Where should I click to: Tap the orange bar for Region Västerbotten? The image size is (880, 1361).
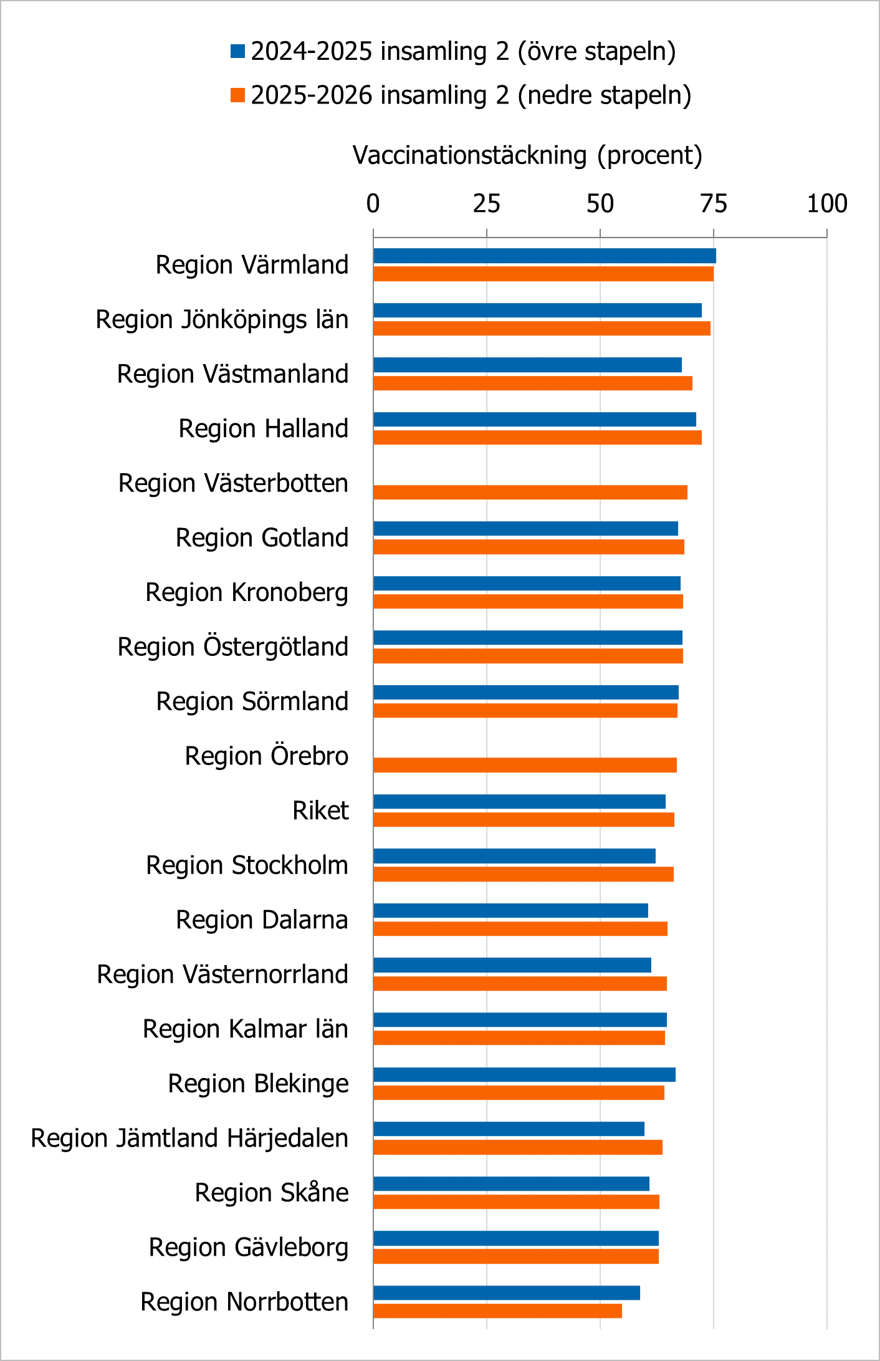click(x=530, y=492)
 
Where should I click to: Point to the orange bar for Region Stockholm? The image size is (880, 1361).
click(x=524, y=874)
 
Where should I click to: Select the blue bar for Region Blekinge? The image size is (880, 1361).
click(x=524, y=1074)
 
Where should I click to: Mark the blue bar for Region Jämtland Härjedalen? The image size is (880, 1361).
click(x=509, y=1128)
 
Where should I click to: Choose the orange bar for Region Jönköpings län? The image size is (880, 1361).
click(x=542, y=328)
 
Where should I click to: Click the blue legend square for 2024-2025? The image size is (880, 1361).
click(x=237, y=51)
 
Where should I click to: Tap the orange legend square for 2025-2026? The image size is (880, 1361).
click(x=237, y=95)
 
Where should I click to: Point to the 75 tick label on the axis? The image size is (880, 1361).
click(x=714, y=204)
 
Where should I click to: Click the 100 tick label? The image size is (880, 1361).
click(x=826, y=204)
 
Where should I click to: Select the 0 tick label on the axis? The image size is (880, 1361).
click(x=373, y=204)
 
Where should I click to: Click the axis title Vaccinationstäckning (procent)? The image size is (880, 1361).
click(x=527, y=155)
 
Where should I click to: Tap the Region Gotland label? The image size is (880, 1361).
click(x=262, y=537)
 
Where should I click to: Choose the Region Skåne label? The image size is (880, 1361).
click(x=272, y=1193)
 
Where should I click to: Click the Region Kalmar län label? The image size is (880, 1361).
click(x=246, y=1029)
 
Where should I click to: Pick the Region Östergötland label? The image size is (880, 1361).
click(x=233, y=647)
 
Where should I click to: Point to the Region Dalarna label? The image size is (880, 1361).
click(x=262, y=920)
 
